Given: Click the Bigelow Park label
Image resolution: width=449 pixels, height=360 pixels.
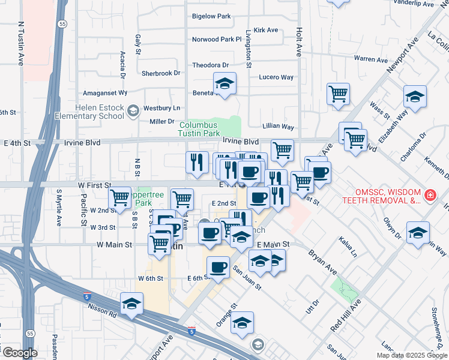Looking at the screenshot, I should (x=211, y=17).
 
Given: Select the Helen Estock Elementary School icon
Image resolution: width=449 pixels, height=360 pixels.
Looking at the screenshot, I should (x=133, y=110).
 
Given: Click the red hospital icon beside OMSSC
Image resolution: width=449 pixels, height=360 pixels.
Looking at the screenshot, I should (x=430, y=196).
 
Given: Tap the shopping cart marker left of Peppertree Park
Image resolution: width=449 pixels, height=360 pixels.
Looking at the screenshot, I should (x=120, y=197).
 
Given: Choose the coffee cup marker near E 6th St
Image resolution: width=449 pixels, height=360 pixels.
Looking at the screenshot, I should (x=218, y=266).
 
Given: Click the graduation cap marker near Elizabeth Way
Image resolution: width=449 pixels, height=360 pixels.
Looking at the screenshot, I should (x=415, y=96).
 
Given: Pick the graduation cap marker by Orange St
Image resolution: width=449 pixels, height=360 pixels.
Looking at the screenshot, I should (x=242, y=323).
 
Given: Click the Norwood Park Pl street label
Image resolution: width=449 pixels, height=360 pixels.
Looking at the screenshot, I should (x=216, y=39).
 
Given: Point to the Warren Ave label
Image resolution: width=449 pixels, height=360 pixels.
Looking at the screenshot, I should (x=371, y=59).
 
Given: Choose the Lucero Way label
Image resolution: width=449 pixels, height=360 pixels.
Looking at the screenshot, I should (x=276, y=77).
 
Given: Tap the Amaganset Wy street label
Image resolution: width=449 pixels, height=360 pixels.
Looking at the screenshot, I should (x=105, y=93).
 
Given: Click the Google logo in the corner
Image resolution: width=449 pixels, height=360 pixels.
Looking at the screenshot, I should (x=20, y=353).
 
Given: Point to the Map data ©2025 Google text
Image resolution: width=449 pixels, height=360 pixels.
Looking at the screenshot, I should (x=411, y=355).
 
